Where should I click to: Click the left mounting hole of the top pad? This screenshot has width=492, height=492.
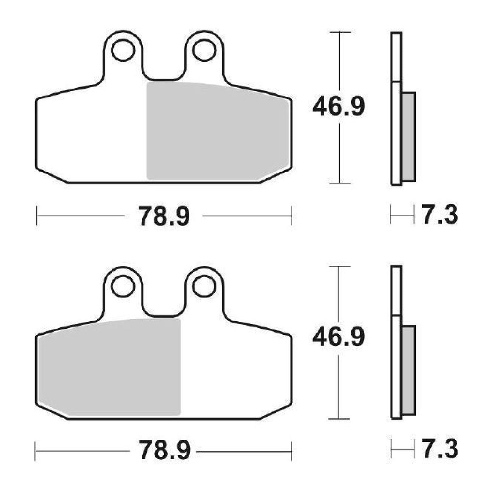coord(123,50)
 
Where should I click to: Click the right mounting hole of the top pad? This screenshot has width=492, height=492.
coord(204,50)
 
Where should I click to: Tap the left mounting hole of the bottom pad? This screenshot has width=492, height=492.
coord(123,286)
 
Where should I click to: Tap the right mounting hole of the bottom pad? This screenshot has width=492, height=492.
coord(204,286)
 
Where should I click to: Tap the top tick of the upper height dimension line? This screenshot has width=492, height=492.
coord(339,32)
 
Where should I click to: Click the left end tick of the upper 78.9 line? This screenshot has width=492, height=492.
coord(37,216)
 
